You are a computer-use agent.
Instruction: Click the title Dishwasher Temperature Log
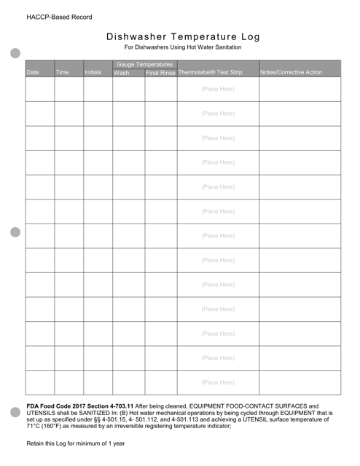point(182,37)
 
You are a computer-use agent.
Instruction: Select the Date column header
point(33,73)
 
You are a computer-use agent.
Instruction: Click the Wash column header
point(122,73)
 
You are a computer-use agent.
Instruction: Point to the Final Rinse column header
point(160,73)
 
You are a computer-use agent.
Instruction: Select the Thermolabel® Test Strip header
point(211,73)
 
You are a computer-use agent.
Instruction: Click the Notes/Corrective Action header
point(291,73)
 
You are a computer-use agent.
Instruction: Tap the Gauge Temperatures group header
point(144,65)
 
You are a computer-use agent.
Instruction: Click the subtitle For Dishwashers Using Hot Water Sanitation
point(182,48)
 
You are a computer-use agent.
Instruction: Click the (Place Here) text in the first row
point(218,89)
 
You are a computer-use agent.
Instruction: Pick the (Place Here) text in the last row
point(218,382)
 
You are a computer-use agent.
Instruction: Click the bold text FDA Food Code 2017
point(61,406)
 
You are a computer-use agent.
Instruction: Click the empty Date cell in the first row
point(39,89)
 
